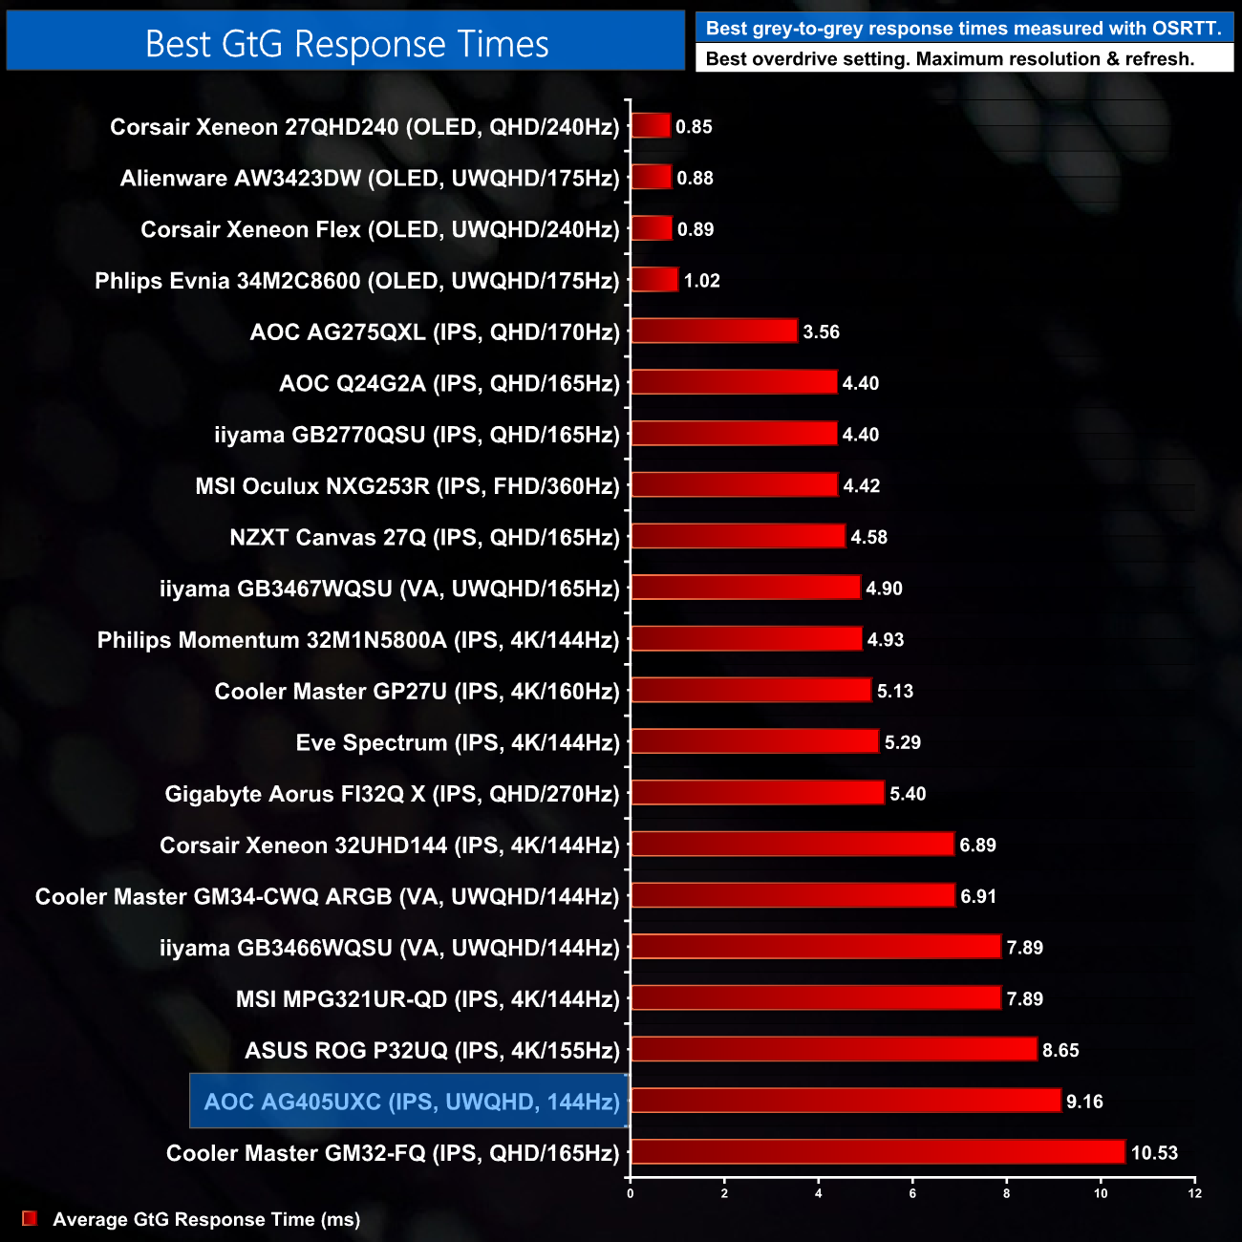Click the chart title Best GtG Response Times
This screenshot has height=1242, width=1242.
click(347, 43)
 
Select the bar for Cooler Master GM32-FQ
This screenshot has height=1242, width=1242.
click(878, 1152)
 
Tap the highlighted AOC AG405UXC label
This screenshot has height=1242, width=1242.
click(412, 1102)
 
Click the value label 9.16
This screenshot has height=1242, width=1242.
click(1084, 1102)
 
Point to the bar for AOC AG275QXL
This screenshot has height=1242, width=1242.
click(714, 331)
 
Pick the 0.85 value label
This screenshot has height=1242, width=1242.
click(694, 126)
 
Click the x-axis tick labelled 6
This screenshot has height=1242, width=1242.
click(912, 1193)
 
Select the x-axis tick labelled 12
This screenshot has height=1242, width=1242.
click(1194, 1193)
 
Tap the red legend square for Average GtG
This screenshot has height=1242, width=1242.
click(30, 1218)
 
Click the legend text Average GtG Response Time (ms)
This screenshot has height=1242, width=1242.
click(206, 1219)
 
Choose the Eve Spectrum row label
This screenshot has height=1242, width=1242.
click(458, 742)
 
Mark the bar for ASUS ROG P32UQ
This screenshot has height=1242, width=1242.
click(833, 1049)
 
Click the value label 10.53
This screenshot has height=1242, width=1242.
click(1154, 1153)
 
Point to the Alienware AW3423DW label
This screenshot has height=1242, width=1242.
click(370, 178)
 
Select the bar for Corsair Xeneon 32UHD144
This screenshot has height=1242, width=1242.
click(792, 844)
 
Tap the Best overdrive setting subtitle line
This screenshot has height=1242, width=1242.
click(950, 58)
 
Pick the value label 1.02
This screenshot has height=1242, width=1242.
click(701, 281)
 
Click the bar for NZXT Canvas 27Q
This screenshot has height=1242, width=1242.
click(738, 536)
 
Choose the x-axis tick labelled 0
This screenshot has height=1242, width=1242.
click(630, 1193)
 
